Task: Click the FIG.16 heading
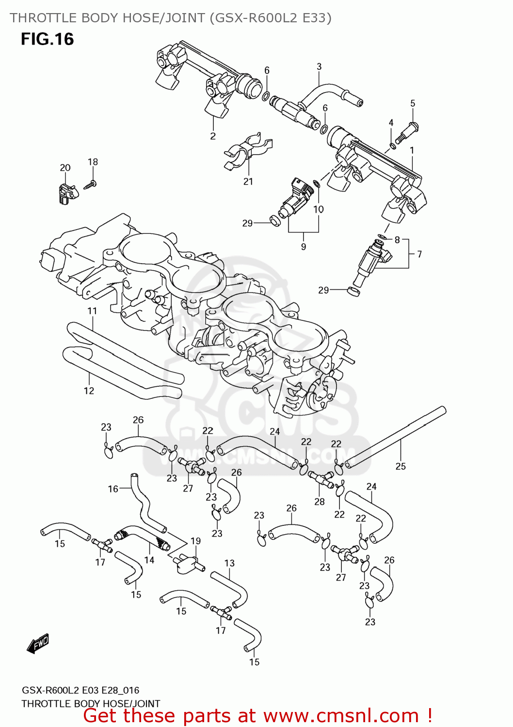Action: [47, 39]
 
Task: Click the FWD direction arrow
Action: [38, 644]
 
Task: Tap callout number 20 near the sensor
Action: [65, 168]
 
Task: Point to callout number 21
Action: [248, 181]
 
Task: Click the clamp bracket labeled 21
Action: [247, 147]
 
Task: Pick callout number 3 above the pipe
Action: [319, 66]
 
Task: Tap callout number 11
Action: [92, 311]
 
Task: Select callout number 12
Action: [89, 391]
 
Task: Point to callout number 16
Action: [113, 489]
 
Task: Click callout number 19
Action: [195, 541]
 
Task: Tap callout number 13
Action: [229, 563]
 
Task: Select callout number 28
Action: [319, 502]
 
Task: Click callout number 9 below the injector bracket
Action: [304, 246]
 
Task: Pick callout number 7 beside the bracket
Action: [419, 254]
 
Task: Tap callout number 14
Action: [149, 560]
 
